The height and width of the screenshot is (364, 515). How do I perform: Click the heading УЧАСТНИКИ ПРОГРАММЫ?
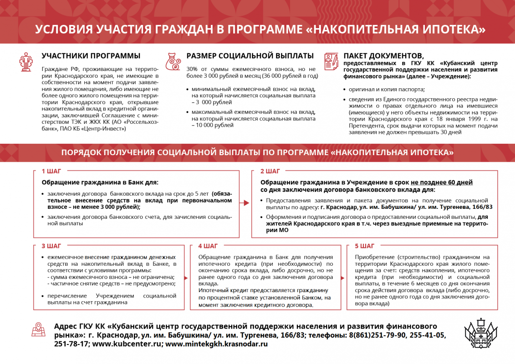91,56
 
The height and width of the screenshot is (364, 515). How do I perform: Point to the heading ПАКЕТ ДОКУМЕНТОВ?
383,56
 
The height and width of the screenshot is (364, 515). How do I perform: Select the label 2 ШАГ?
270,172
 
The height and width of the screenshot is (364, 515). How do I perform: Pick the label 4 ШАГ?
208,246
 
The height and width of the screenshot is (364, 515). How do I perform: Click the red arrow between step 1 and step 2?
246,203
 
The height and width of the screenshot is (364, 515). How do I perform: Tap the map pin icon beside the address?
39,330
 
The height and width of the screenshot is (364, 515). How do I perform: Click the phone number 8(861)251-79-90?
377,335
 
